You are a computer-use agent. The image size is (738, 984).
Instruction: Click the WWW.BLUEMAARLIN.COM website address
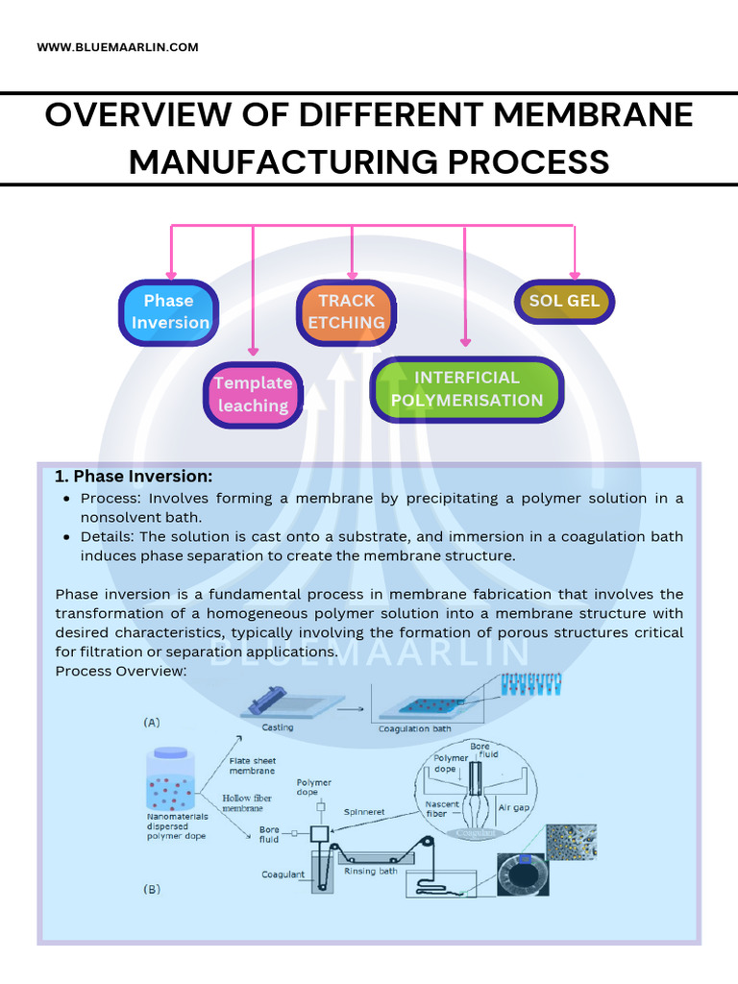117,47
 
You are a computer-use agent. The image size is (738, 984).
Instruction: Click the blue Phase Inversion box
169,312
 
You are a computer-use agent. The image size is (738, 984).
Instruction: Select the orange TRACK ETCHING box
346,312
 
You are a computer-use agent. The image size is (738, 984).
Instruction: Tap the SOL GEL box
564,301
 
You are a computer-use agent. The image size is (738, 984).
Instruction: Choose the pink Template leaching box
253,395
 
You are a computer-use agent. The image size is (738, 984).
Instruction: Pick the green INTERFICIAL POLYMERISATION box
467,389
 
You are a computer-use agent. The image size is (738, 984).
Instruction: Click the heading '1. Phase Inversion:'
134,477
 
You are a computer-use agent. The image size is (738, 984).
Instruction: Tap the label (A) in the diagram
152,722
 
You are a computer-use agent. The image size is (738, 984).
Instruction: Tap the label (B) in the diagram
152,889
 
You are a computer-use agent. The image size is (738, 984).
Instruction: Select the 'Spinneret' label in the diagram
364,812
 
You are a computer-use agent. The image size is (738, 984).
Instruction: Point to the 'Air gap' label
514,809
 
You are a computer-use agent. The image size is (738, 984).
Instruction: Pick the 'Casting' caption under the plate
277,727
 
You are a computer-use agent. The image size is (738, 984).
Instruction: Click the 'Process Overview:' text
120,671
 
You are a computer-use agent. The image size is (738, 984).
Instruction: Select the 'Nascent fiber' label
443,809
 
